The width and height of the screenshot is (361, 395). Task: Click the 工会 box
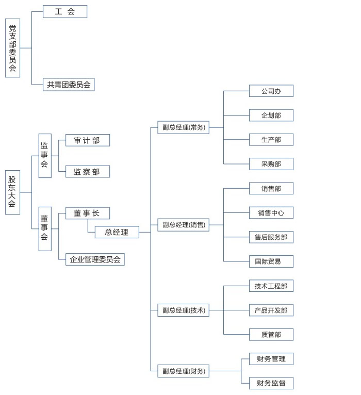point(64,11)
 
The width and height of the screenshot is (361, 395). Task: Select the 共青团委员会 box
point(69,85)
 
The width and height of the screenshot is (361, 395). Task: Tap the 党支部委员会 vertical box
point(12,48)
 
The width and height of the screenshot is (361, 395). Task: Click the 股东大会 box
point(12,192)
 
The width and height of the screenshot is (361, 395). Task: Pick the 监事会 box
point(45,156)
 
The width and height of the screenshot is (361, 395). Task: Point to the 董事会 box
point(45,228)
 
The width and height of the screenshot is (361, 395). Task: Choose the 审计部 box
point(87,140)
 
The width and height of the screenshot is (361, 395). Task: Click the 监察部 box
point(87,172)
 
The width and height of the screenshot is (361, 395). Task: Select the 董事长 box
point(87,213)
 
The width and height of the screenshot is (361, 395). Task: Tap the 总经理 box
point(117,232)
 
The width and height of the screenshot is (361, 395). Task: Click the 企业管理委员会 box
point(95,259)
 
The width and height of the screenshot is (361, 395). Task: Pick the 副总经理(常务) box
point(183,127)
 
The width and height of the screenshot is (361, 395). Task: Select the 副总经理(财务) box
point(183,371)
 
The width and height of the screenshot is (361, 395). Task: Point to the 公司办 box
point(271,91)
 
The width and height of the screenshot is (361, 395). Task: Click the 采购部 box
point(271,164)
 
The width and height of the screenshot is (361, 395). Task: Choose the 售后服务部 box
point(271,237)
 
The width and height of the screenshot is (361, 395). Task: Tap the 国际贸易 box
point(271,261)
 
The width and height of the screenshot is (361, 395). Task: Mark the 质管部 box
point(271,335)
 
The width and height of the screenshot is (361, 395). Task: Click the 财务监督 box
point(271,383)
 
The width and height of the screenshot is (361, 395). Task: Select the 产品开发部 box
point(271,310)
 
